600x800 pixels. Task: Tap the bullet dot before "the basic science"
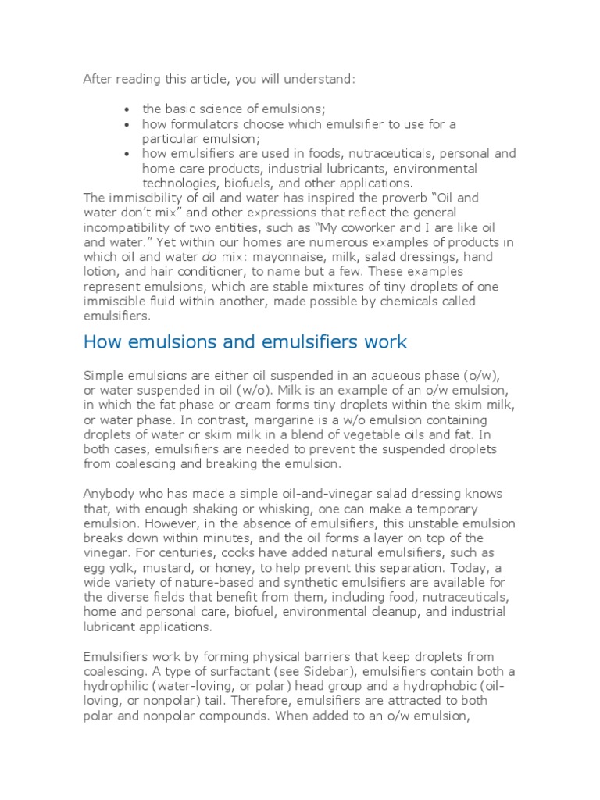[x=127, y=109]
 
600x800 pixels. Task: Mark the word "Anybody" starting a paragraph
[x=108, y=495]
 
